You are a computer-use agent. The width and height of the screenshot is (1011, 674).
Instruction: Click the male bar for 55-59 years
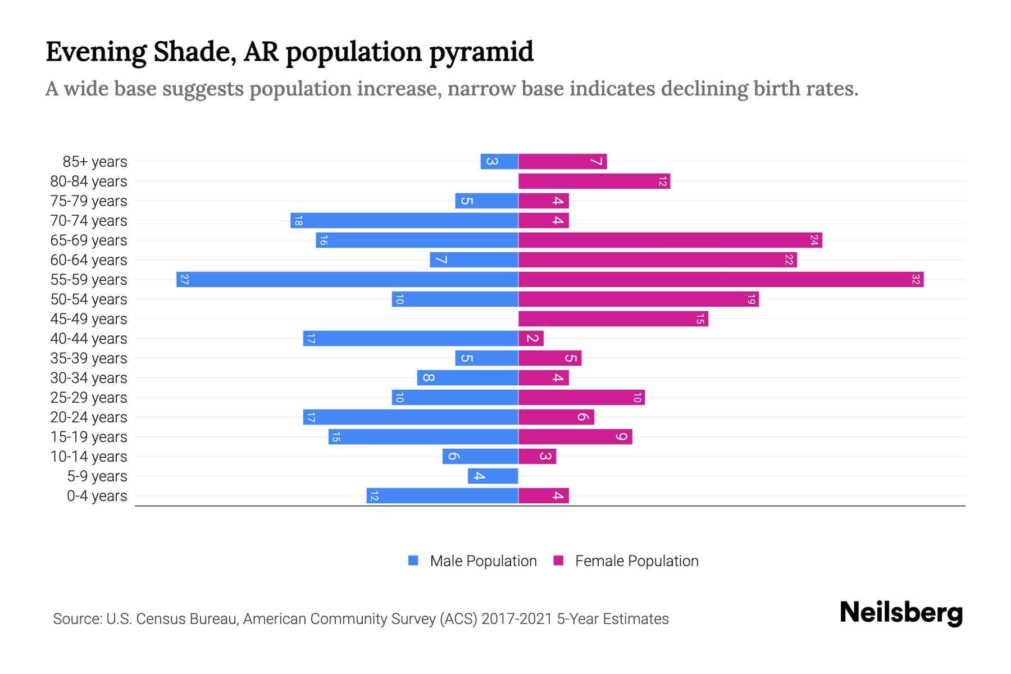pos(347,279)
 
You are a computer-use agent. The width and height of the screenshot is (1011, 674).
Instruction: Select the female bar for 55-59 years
pos(721,279)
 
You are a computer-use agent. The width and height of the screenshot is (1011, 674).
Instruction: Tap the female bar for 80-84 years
pos(594,181)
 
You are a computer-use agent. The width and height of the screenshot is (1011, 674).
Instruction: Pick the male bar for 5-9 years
pos(493,476)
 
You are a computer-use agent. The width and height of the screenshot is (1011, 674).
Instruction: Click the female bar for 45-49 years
pos(613,318)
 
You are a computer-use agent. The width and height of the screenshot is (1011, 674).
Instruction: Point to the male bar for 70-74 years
pos(404,220)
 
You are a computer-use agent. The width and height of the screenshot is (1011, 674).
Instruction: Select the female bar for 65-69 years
pos(670,240)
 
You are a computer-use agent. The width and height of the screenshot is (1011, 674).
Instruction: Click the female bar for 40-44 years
pos(531,338)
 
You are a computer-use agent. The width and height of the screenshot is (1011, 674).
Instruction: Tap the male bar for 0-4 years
pos(442,495)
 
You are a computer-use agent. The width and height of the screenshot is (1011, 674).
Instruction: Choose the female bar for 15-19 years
pos(575,436)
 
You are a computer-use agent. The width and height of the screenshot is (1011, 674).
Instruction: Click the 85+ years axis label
pos(95,162)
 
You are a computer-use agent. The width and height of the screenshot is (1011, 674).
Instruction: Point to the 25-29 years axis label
pos(89,398)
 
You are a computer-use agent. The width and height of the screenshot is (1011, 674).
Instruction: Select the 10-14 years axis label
pos(89,457)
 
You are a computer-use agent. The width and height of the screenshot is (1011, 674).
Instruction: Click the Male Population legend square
pos(413,561)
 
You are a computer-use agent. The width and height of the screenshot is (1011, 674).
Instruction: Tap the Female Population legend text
pos(636,561)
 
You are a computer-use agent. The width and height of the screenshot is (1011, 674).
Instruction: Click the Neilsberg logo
pos(901,613)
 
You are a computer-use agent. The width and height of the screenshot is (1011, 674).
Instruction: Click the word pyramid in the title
pos(481,52)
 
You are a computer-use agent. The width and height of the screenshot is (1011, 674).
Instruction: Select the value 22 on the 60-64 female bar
pos(789,259)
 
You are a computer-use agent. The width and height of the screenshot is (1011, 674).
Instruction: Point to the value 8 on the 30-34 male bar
pos(428,377)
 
